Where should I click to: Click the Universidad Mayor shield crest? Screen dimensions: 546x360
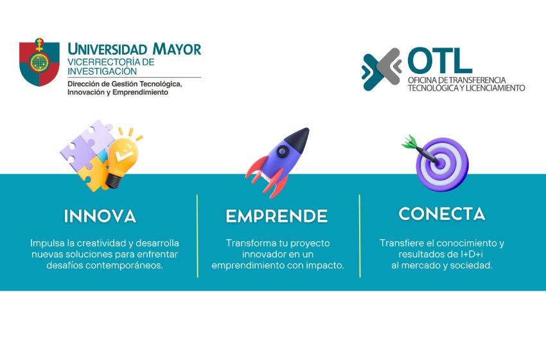pyautogui.click(x=39, y=63)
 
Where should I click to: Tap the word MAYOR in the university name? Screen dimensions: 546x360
pyautogui.click(x=177, y=49)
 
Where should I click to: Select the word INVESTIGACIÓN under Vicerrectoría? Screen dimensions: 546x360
pyautogui.click(x=102, y=71)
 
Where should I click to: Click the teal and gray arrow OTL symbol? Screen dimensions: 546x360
pyautogui.click(x=382, y=69)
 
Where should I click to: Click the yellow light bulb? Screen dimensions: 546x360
pyautogui.click(x=122, y=159)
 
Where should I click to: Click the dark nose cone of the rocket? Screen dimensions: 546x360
pyautogui.click(x=297, y=139)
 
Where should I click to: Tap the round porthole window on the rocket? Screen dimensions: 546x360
pyautogui.click(x=282, y=151)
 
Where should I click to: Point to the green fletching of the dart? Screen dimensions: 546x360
pyautogui.click(x=409, y=142)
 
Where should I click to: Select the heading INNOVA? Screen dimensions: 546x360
pyautogui.click(x=100, y=216)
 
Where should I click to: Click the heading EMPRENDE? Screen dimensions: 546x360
pyautogui.click(x=277, y=216)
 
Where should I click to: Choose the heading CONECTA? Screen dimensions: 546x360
pyautogui.click(x=442, y=214)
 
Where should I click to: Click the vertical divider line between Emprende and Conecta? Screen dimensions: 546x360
pyautogui.click(x=360, y=236)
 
